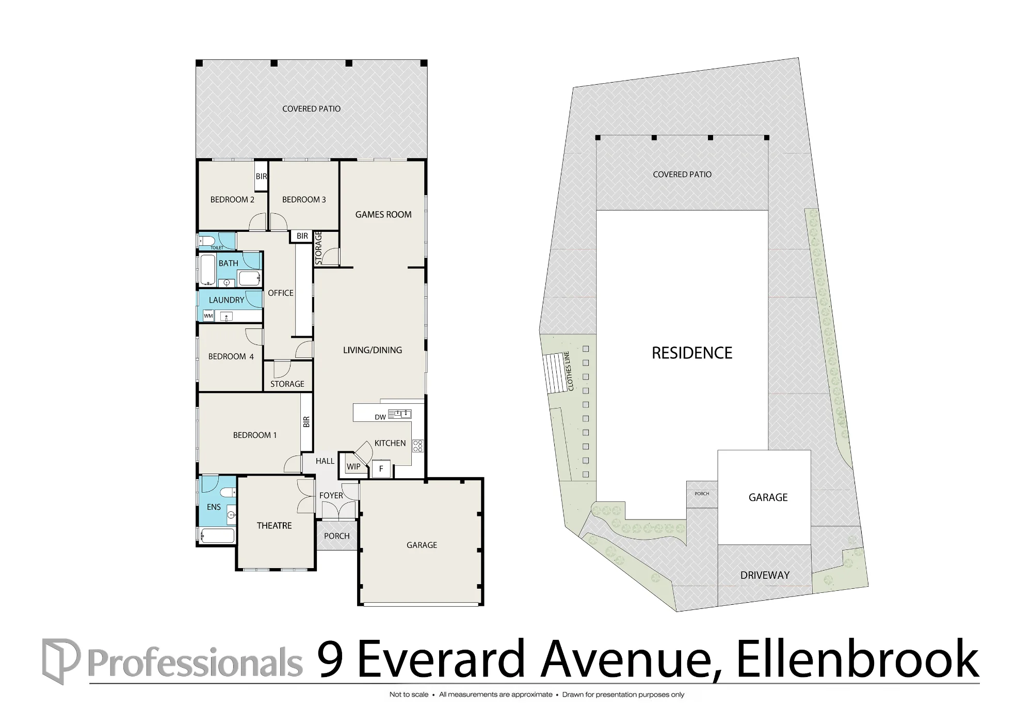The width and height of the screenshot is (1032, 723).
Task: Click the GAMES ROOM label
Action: pos(383,214)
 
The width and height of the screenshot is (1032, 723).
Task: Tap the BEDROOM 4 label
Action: pos(231,356)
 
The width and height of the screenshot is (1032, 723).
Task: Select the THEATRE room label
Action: pos(274,526)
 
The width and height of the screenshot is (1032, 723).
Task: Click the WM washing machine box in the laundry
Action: pos(208,316)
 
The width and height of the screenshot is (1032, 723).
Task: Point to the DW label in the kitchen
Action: pos(380,417)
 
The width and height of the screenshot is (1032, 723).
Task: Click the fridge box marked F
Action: pos(381,468)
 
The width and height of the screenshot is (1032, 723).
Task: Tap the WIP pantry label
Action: pos(353,467)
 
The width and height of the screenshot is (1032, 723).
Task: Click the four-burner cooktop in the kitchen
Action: pos(418,446)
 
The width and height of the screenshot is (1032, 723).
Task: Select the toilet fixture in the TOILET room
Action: pos(207,241)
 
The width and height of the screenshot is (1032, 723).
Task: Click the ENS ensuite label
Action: pos(214,507)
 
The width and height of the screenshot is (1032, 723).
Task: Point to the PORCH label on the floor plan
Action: pos(337,536)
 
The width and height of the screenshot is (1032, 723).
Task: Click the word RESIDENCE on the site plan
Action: pos(692,353)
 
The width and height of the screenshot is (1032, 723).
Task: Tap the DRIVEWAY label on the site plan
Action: pos(765,575)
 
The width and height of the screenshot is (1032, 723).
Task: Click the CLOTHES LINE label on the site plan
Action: pos(570,371)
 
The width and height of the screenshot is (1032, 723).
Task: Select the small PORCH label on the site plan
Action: pos(702,494)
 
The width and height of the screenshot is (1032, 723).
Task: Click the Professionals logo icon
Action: pos(61,662)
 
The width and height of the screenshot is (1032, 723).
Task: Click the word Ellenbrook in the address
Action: pos(858,659)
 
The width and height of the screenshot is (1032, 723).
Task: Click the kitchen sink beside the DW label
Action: pos(400,414)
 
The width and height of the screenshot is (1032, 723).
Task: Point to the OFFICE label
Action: pos(281,293)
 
